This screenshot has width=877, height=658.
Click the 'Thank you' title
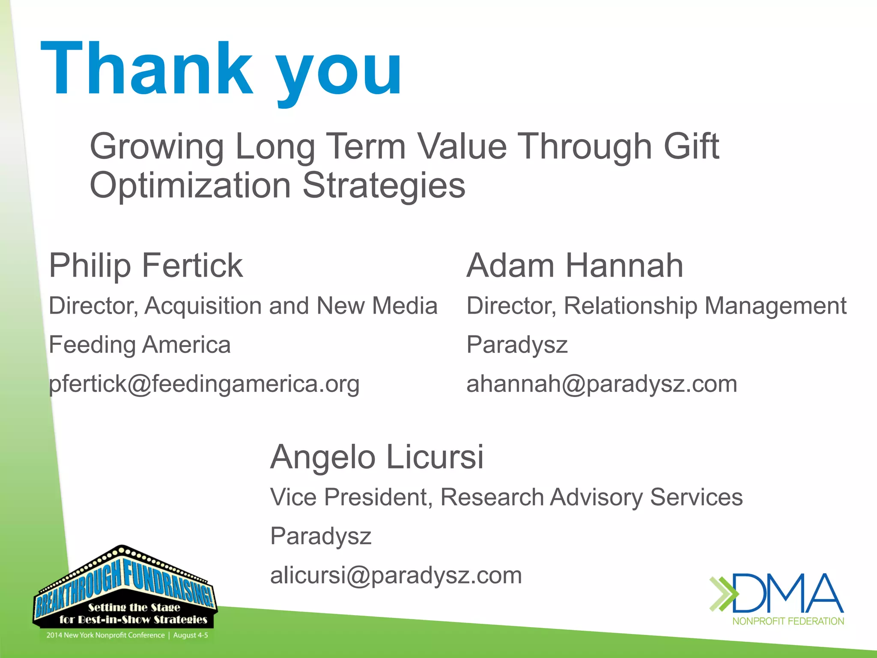tap(221, 69)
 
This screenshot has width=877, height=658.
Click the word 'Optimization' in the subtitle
tap(191, 185)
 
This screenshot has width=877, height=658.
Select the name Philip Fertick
tap(146, 266)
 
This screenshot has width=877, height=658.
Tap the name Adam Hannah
tap(575, 266)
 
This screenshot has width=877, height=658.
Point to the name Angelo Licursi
tap(377, 457)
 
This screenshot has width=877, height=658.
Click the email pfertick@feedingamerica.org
tap(204, 384)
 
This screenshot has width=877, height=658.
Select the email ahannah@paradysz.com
tap(602, 384)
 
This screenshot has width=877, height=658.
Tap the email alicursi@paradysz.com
tap(396, 575)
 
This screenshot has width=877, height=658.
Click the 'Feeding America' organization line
tap(140, 345)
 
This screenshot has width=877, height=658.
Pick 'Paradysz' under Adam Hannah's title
tap(517, 345)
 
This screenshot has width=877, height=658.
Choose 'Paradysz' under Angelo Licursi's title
tap(321, 536)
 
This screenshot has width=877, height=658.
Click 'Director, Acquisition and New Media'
tap(243, 306)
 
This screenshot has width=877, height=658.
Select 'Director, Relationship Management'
tap(656, 306)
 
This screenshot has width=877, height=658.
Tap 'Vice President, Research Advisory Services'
tap(506, 497)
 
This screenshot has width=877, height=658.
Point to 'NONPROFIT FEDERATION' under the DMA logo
tap(788, 621)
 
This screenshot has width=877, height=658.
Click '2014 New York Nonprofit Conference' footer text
tap(105, 635)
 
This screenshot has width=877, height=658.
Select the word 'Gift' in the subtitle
tap(691, 147)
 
